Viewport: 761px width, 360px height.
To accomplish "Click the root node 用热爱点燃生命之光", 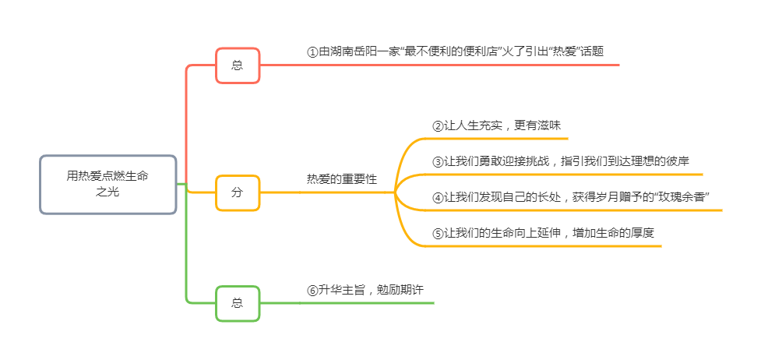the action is coord(107,184).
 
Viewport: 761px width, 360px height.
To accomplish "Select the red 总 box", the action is coord(238,65).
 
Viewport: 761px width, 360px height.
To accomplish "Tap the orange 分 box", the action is coord(238,192).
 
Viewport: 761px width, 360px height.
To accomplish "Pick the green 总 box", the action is coord(238,302).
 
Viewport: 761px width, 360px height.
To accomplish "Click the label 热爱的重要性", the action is coord(341,179).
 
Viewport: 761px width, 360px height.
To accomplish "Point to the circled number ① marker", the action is coord(312,52).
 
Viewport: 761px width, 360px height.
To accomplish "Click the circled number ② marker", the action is coord(438,125).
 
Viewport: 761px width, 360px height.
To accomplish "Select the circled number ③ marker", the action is coord(438,162).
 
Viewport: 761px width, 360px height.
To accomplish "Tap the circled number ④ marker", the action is coord(438,197).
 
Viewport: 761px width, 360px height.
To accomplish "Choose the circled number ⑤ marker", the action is coord(438,233).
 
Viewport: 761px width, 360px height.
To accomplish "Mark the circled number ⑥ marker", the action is coord(312,290).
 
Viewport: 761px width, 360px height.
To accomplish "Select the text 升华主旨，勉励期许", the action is coord(371,290).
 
